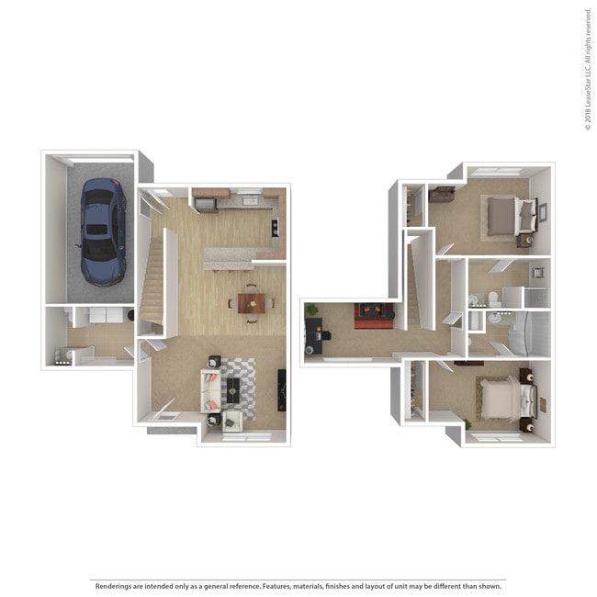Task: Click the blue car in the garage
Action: click(x=102, y=231)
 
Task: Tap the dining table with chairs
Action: click(x=251, y=302)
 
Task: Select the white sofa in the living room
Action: click(x=210, y=389)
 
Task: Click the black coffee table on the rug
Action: click(x=232, y=388)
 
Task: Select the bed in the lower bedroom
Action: click(x=502, y=400)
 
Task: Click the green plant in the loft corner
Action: click(x=312, y=310)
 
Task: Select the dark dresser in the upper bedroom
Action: click(x=442, y=194)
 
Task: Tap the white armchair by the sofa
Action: click(x=231, y=421)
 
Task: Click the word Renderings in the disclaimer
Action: click(x=114, y=585)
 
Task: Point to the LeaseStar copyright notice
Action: click(x=587, y=69)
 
